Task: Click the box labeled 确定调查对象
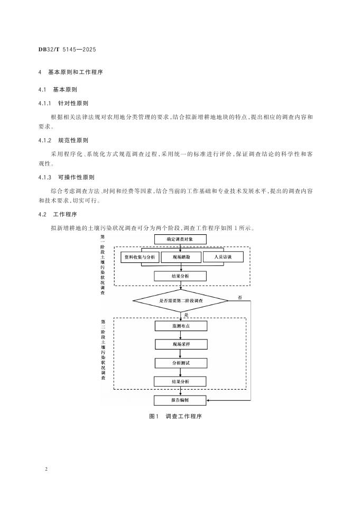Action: click(x=180, y=239)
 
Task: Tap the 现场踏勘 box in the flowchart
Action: click(x=180, y=258)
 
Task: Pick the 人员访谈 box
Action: click(x=221, y=257)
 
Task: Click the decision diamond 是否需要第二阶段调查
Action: click(x=180, y=300)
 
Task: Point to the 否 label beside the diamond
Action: click(x=241, y=297)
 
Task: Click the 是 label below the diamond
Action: click(x=186, y=314)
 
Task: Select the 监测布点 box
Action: click(x=180, y=326)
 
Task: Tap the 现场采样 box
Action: click(x=180, y=344)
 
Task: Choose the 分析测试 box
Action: click(x=180, y=363)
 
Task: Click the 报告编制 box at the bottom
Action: click(x=180, y=400)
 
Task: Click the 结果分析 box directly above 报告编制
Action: click(x=180, y=381)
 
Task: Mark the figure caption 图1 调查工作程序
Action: click(x=176, y=416)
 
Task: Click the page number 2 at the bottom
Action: click(x=47, y=469)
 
